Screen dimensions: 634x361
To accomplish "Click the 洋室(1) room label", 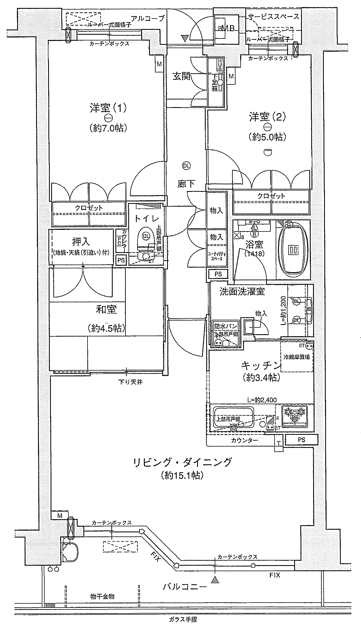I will pyautogui.click(x=108, y=108).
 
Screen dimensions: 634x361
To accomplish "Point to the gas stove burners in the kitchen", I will pyautogui.click(x=294, y=415).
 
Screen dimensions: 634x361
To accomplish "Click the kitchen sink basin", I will pyautogui.click(x=234, y=418).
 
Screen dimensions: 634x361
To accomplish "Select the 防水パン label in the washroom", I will pyautogui.click(x=226, y=326).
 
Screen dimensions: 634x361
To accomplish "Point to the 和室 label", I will pyautogui.click(x=106, y=310).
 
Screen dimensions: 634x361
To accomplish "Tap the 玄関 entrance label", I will pyautogui.click(x=181, y=77).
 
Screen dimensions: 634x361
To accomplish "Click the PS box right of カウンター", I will pyautogui.click(x=301, y=440).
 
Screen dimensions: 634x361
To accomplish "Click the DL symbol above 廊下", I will pyautogui.click(x=186, y=165).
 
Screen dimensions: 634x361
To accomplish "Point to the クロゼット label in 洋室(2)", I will pyautogui.click(x=271, y=196).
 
